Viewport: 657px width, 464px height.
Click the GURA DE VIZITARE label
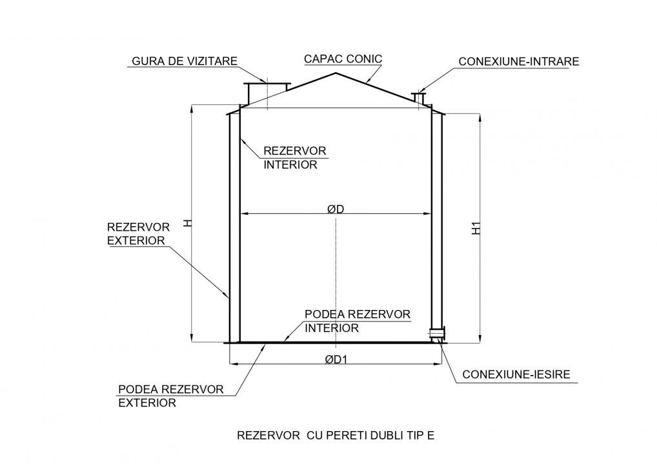tap(185, 61)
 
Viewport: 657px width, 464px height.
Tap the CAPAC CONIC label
tap(343, 59)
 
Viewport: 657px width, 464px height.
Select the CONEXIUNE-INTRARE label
tap(519, 61)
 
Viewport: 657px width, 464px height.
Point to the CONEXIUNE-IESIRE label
tap(516, 374)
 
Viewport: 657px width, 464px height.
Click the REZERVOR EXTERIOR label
tap(138, 234)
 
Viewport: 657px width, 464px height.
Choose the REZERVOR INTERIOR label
tap(294, 158)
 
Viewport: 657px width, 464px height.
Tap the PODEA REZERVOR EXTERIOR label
tap(170, 396)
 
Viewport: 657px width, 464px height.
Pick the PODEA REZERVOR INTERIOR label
tap(358, 321)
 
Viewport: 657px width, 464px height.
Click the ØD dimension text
tap(336, 209)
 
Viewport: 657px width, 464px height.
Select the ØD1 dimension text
tap(336, 359)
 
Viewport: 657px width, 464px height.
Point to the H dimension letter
tap(188, 224)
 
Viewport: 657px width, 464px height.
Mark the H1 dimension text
tap(476, 228)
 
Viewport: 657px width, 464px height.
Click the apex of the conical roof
tap(336, 73)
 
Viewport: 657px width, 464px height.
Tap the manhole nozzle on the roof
tap(267, 93)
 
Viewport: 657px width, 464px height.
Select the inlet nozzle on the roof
tap(419, 98)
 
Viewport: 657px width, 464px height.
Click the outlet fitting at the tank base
tap(437, 333)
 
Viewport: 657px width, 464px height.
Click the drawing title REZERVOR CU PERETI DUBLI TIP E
tap(336, 436)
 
